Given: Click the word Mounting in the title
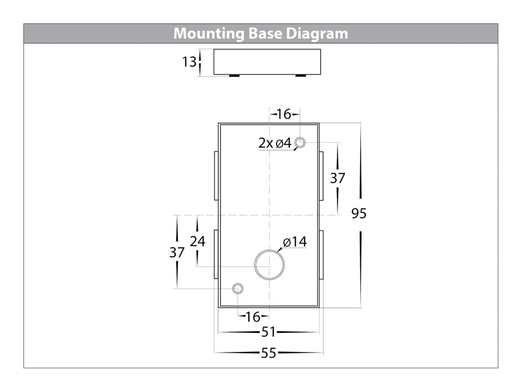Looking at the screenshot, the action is [209, 34].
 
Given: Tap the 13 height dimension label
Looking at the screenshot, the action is [189, 62].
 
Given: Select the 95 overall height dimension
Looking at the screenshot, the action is [359, 213].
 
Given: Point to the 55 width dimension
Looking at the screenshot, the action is [269, 353].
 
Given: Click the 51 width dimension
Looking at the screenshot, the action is [269, 332].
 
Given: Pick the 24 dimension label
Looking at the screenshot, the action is [197, 242].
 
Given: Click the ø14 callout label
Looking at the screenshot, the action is [295, 242].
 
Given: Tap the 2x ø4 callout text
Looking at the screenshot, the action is [275, 143].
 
